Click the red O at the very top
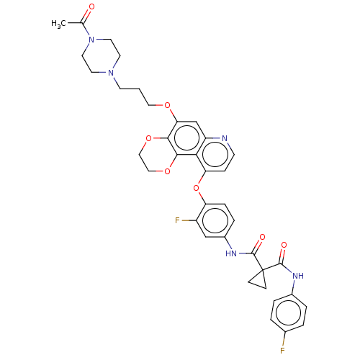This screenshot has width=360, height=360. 91,6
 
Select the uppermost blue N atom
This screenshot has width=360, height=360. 91,40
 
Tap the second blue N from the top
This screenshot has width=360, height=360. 110,73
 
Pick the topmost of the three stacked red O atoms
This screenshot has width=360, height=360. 167,106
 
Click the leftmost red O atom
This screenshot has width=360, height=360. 148,138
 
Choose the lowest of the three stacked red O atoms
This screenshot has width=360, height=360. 167,171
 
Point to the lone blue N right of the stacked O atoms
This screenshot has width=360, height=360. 224,138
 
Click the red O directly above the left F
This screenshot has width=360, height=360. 196,188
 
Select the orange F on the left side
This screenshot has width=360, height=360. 177,220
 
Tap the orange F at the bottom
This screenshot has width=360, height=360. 282,351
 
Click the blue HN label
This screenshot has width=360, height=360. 231,253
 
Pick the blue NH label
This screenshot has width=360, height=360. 298,276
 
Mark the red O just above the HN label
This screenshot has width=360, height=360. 262,237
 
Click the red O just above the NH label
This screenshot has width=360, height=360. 284,245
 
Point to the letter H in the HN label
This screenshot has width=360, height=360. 228,253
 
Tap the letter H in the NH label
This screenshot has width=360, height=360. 301,276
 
